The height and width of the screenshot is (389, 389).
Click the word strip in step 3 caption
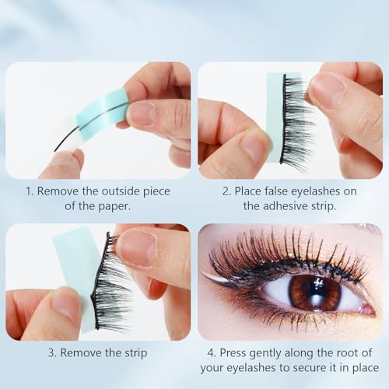click(x=129, y=352)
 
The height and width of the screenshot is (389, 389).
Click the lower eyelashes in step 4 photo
click(x=296, y=322)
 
